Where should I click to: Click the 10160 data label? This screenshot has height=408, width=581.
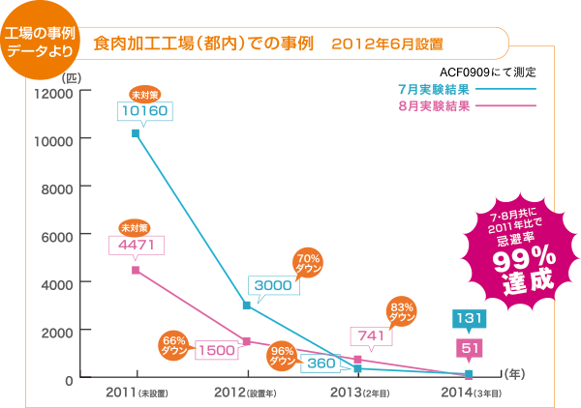[x=144, y=111]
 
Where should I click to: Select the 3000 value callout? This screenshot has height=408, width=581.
[x=272, y=285]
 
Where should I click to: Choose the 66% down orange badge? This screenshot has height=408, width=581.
[x=173, y=345]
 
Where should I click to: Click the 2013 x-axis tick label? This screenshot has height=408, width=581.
[x=359, y=393]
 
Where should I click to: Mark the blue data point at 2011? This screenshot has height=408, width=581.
[x=136, y=133]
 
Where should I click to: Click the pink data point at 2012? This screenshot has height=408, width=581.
[x=247, y=341]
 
